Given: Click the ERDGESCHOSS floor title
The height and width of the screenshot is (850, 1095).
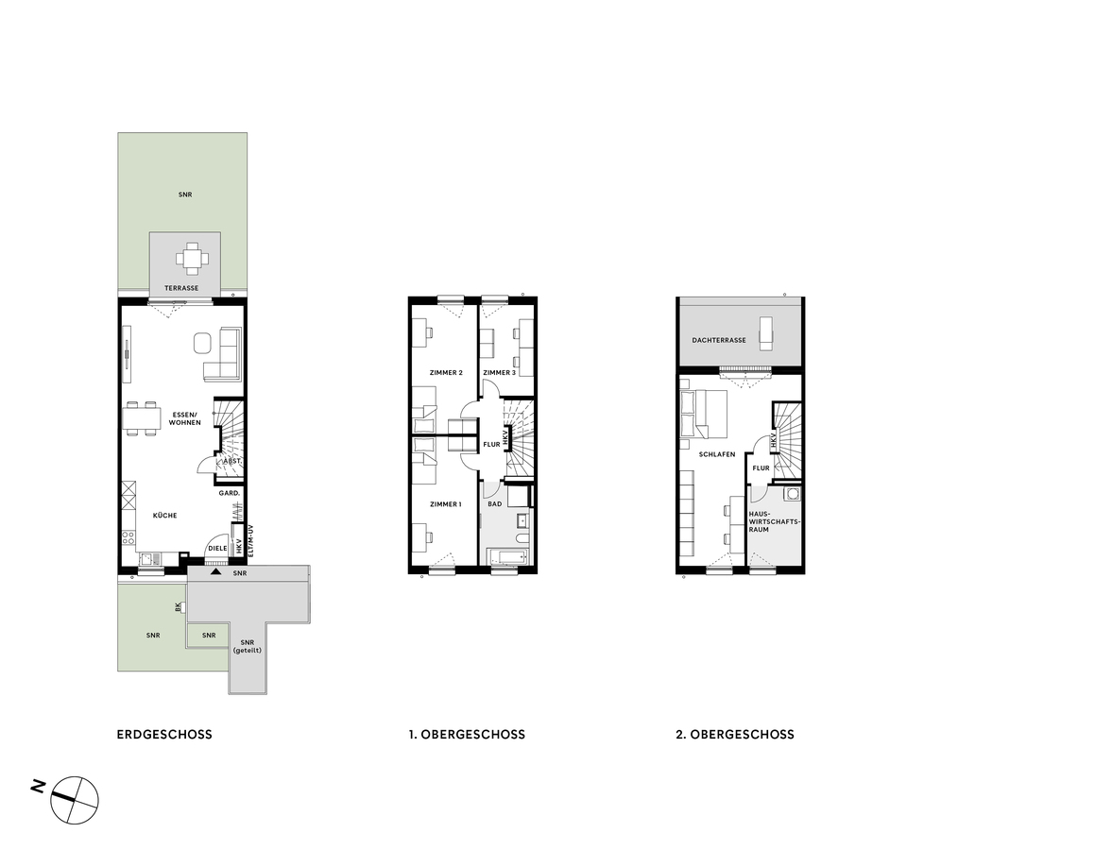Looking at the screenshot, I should pyautogui.click(x=164, y=734).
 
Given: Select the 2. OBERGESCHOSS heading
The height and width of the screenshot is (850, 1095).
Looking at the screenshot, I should pyautogui.click(x=735, y=734).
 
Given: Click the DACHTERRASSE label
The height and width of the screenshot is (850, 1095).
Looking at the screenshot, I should pyautogui.click(x=719, y=340).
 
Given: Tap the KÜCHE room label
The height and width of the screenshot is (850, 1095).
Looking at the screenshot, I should pyautogui.click(x=165, y=515).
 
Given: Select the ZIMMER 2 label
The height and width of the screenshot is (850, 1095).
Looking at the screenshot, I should pyautogui.click(x=445, y=372).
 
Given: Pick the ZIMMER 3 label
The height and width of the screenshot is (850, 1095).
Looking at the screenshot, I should pyautogui.click(x=499, y=372).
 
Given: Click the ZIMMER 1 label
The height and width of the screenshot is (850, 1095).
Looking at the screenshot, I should pyautogui.click(x=445, y=503).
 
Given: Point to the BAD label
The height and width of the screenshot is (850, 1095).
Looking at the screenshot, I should pyautogui.click(x=494, y=503).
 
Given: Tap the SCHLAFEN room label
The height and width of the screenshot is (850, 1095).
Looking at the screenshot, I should pyautogui.click(x=716, y=454).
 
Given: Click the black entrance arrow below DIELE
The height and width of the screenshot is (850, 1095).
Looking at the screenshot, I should pyautogui.click(x=216, y=571).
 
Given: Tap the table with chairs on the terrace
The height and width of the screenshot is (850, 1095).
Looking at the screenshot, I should pyautogui.click(x=193, y=257).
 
